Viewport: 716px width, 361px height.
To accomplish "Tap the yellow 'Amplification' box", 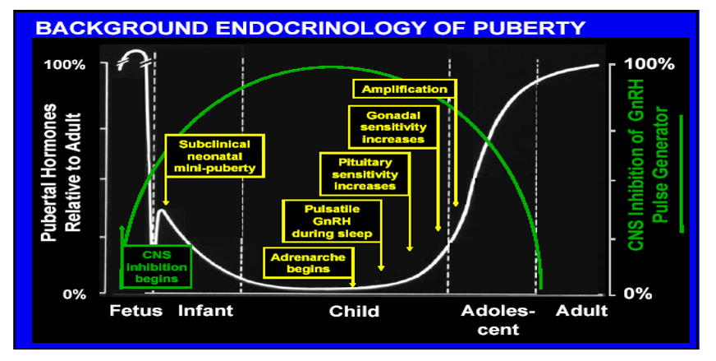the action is click(403, 89).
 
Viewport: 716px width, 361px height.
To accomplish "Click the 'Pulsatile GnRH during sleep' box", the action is click(332, 220).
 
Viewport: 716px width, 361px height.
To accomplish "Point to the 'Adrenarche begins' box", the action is click(305, 262).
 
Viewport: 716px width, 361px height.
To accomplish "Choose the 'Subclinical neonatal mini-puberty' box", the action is click(214, 155).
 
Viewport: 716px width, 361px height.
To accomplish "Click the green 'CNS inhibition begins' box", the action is click(156, 266).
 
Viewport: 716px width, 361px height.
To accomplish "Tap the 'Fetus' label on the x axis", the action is click(135, 311).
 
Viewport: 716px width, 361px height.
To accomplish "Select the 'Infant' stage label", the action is click(206, 311).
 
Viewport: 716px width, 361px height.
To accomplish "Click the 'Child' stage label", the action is click(354, 312).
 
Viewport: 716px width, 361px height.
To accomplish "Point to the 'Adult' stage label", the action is click(581, 311).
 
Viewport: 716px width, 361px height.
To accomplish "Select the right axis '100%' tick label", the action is click(649, 64).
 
